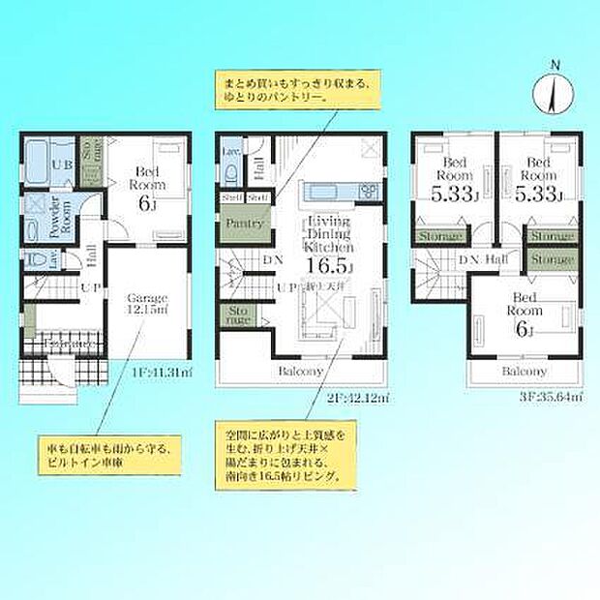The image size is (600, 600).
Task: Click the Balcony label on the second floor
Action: [x=301, y=370]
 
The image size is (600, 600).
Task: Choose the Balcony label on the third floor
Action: [x=524, y=371]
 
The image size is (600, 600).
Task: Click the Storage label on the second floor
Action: [x=237, y=315]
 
